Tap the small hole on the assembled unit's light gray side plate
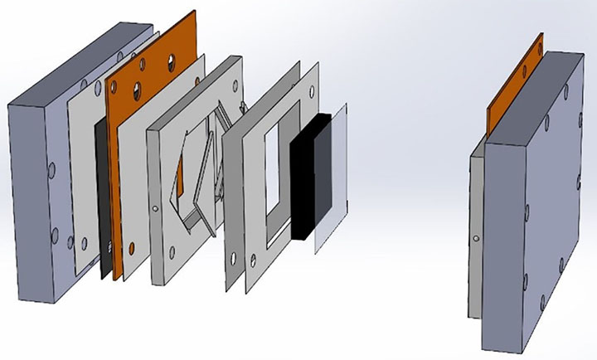476,239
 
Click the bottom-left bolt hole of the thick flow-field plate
172,252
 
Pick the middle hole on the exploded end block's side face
52,170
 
